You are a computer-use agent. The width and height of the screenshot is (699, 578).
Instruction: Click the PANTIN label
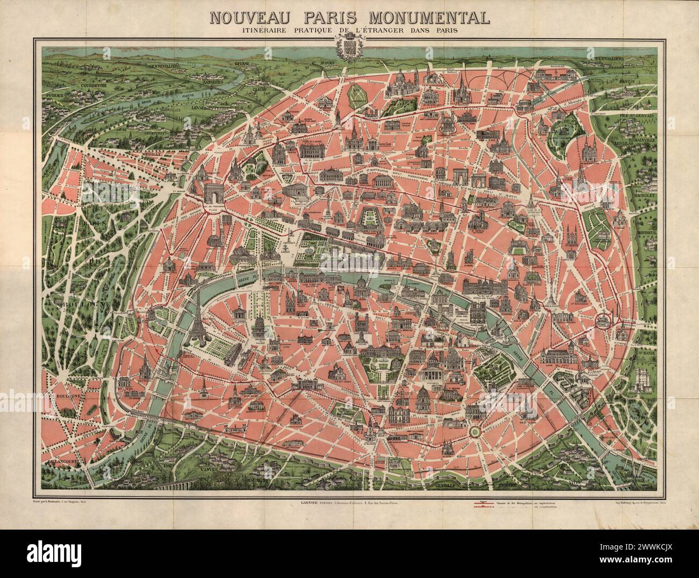(629, 82)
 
